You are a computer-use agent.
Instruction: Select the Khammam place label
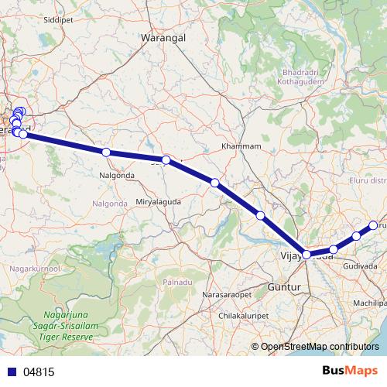[x=241, y=146]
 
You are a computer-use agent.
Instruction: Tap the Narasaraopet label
[x=228, y=296]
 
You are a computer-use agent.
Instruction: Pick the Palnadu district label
[x=172, y=283]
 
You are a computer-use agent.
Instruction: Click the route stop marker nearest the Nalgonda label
[x=106, y=152]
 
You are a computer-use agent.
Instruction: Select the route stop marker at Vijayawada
[x=307, y=254]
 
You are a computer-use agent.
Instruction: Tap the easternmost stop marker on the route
[x=373, y=225]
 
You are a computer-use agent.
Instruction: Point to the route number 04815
[x=38, y=372]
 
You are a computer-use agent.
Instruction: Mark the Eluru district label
[x=368, y=180]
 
